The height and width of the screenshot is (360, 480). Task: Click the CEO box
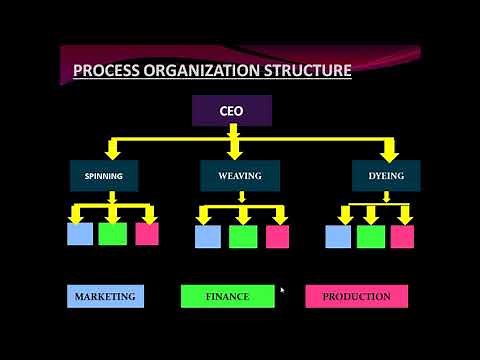coord(231,111)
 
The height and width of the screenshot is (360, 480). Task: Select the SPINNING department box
coord(103,176)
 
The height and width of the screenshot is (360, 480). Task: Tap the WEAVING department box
coord(239,176)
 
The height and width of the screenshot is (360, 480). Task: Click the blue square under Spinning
coord(80,234)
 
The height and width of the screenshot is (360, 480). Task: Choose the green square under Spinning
coord(113,234)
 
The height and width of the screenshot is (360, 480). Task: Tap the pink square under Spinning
coord(147,234)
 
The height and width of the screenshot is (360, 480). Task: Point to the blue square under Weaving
coord(208,237)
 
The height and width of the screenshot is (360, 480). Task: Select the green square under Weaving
coord(243,237)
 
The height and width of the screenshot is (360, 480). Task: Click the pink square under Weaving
coord(277,237)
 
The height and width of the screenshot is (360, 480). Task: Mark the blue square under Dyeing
coord(338,237)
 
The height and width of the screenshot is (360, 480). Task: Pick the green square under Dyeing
coord(371,237)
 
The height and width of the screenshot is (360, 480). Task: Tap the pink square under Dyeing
coord(402,237)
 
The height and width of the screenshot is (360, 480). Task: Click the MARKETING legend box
coord(105,297)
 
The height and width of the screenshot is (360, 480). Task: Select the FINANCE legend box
coord(228,297)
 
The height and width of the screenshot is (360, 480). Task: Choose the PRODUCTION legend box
coord(356,297)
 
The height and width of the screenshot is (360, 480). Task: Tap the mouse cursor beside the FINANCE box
coord(282,291)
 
